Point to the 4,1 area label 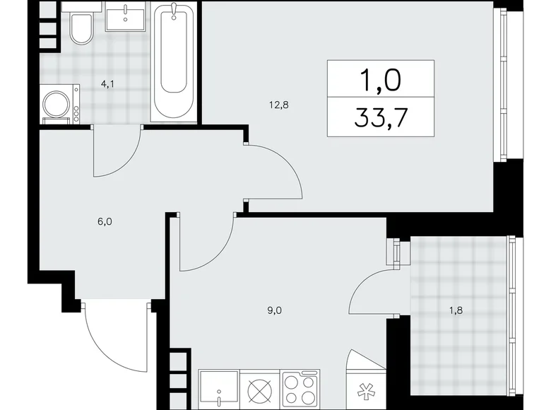[107, 84]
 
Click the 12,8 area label [279, 105]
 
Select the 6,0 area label [105, 221]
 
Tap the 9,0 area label [275, 310]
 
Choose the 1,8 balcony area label [456, 310]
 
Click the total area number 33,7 [381, 117]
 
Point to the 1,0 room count [381, 80]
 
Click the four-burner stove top [300, 389]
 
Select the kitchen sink [218, 389]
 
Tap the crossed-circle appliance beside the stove [260, 389]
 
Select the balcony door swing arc [365, 281]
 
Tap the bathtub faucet [174, 11]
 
